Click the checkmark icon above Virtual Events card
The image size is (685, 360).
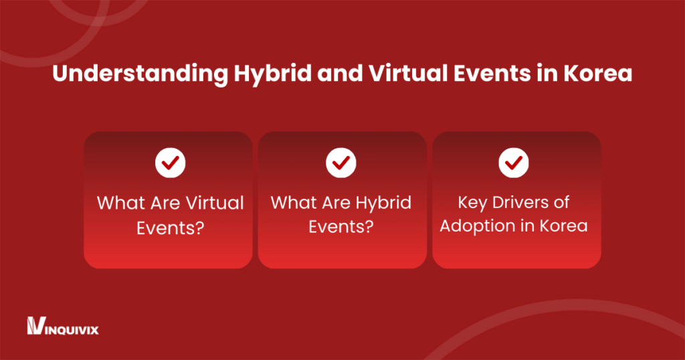point(170,162)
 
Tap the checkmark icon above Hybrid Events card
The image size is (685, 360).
point(341,162)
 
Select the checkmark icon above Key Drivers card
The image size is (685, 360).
point(514,162)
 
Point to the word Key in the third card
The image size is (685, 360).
point(473,203)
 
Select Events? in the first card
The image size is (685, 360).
point(170,226)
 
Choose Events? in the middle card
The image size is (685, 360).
point(341,226)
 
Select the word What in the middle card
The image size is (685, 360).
point(292,203)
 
